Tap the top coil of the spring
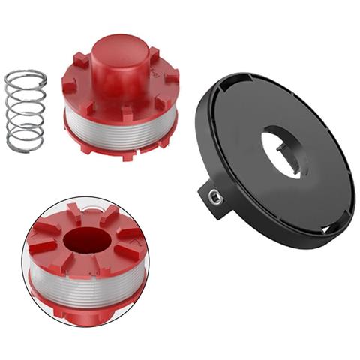point(25,76)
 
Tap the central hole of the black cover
point(283,149)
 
